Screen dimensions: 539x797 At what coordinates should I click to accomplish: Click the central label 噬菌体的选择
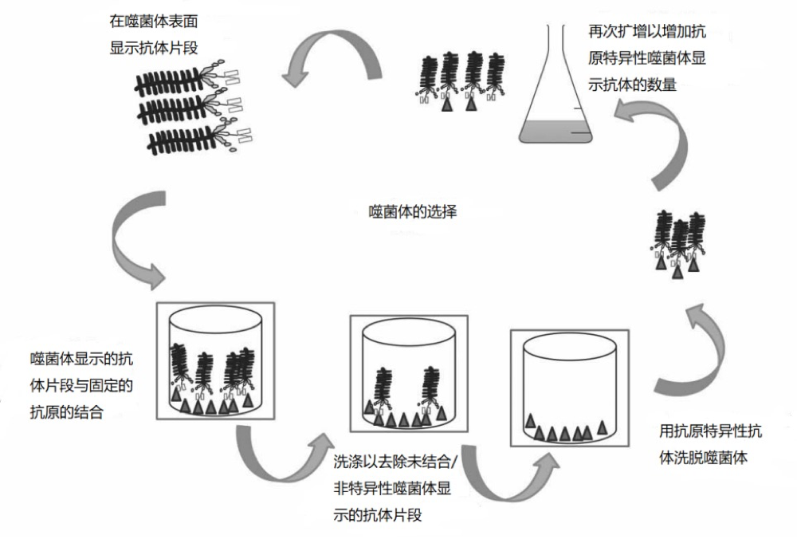(x=414, y=213)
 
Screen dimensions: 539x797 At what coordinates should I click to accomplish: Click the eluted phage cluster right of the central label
(x=678, y=243)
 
